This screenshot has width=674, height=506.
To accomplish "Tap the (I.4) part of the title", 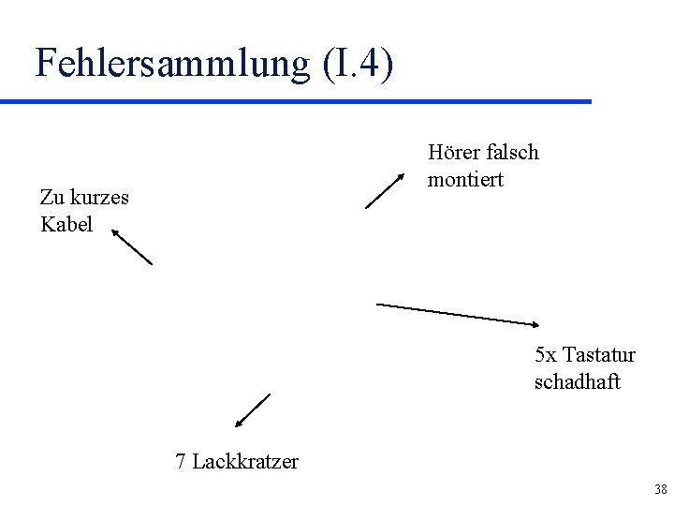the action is click(358, 63).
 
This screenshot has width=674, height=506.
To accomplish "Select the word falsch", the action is click(513, 152).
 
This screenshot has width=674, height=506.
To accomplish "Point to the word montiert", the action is click(465, 179).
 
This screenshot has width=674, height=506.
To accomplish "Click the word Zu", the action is click(51, 197).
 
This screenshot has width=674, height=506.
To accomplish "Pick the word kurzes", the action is click(99, 198).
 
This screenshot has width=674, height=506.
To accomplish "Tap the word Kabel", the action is click(66, 225).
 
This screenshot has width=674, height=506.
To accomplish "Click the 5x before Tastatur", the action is click(546, 355).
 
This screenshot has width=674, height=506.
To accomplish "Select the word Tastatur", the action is click(599, 355).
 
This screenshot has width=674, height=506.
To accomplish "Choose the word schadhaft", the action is click(577, 382).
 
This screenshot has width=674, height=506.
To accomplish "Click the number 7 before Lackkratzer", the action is click(181, 461).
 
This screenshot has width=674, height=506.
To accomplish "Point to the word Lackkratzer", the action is click(245, 461).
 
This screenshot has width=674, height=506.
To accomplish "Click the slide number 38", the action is click(661, 489).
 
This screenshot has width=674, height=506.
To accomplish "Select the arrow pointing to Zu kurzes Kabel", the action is click(132, 246).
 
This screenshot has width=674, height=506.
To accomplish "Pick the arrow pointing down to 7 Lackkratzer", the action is click(252, 410).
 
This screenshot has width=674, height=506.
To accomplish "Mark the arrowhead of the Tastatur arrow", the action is click(535, 324).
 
